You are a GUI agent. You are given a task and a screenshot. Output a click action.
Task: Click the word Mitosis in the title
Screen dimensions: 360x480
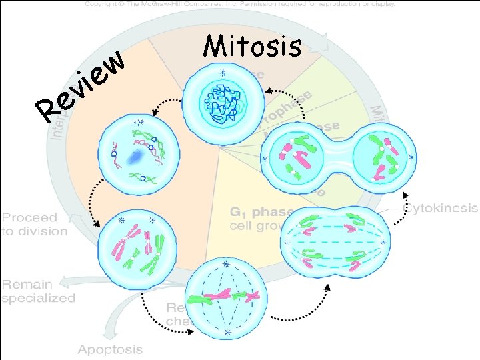click(253, 47)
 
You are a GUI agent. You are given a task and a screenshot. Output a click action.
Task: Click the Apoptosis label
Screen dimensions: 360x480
click(110, 349)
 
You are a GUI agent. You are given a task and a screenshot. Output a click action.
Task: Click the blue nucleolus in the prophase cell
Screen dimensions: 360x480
click(137, 157)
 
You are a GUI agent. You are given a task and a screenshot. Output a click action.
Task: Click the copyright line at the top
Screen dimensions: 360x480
click(240, 3)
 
